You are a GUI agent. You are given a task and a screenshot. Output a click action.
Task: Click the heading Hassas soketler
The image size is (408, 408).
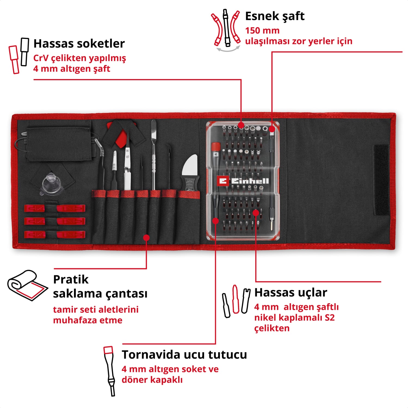(x=79, y=44)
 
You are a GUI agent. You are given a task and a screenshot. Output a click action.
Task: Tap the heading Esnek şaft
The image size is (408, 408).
(x=275, y=16)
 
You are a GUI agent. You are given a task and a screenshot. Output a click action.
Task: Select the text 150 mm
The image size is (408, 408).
(x=262, y=30)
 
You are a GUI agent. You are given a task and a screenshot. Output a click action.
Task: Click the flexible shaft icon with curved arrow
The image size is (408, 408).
(x=225, y=30)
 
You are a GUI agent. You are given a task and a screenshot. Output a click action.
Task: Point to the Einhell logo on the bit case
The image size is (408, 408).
(x=243, y=181)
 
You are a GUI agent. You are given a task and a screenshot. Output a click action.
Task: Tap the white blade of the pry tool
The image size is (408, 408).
(x=190, y=166)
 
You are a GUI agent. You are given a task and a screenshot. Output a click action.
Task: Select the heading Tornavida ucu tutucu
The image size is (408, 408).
(x=184, y=355)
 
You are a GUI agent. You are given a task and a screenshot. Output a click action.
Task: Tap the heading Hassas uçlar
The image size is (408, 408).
(x=290, y=293)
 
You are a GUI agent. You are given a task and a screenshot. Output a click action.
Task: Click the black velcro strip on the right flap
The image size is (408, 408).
(x=381, y=180)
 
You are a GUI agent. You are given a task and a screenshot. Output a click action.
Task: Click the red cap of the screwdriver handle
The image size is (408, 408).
(x=216, y=147)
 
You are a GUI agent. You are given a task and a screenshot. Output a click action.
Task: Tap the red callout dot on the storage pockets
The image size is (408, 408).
(x=146, y=238)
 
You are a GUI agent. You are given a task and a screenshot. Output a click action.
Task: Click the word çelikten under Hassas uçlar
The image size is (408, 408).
(x=272, y=328)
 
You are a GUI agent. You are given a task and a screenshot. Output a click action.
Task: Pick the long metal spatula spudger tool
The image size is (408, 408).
(x=154, y=155)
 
